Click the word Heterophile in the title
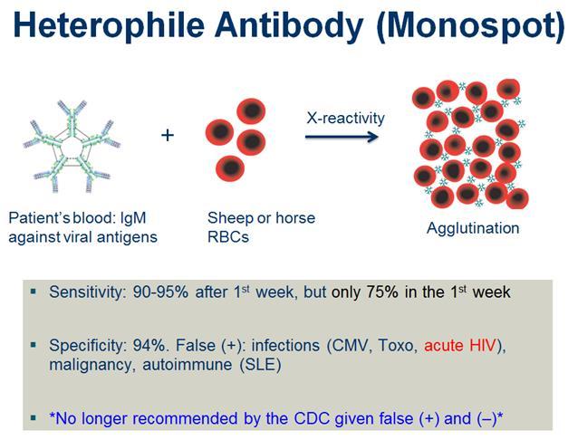pos(109,25)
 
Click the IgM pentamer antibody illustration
pos(72,146)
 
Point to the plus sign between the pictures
pos(168,136)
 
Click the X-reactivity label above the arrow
pos(345,118)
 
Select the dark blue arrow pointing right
pos(342,137)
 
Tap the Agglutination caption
pos(473,229)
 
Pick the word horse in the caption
pos(295,218)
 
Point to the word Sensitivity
pos(88,292)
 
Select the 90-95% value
pos(160,292)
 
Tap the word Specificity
pos(88,346)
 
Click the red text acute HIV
pos(459,346)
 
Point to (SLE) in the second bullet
pos(260,365)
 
